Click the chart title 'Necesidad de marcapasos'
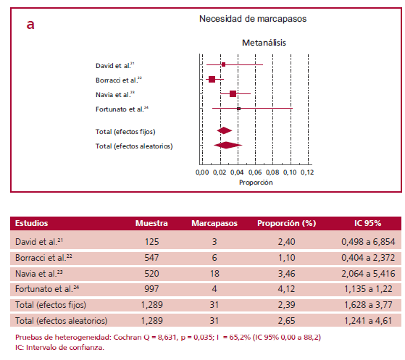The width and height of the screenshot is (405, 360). coord(252,20)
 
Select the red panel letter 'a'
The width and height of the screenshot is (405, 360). coord(30,25)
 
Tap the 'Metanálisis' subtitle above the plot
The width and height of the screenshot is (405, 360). coord(264,43)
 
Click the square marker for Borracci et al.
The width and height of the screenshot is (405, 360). coord(212,79)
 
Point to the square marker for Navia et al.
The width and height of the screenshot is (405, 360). coord(233,93)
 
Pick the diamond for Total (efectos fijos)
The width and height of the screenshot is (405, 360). coord(225,130)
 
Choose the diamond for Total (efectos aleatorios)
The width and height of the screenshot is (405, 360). coord(227,145)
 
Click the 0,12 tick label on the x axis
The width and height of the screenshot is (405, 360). coord(306,173)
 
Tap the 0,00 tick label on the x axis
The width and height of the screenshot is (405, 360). coord(203,173)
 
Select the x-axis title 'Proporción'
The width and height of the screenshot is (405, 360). coord(256,183)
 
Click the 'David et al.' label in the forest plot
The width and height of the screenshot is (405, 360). coord(114,65)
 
